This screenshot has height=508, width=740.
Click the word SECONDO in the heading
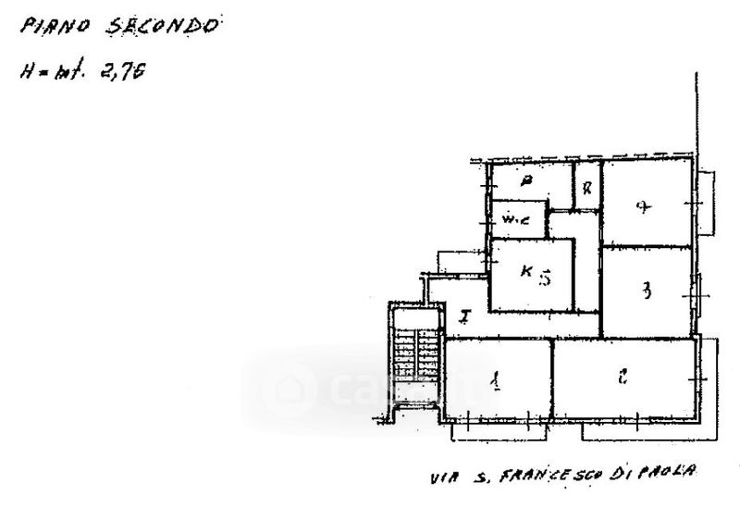pyautogui.click(x=164, y=25)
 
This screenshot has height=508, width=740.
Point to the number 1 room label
pyautogui.click(x=497, y=379)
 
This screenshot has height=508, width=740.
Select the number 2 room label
pyautogui.click(x=623, y=376)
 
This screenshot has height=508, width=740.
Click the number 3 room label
pyautogui.click(x=647, y=291)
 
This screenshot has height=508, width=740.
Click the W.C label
pyautogui.click(x=513, y=220)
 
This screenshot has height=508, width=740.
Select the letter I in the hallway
pyautogui.click(x=464, y=317)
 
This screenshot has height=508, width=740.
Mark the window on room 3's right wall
pyautogui.click(x=696, y=294)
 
